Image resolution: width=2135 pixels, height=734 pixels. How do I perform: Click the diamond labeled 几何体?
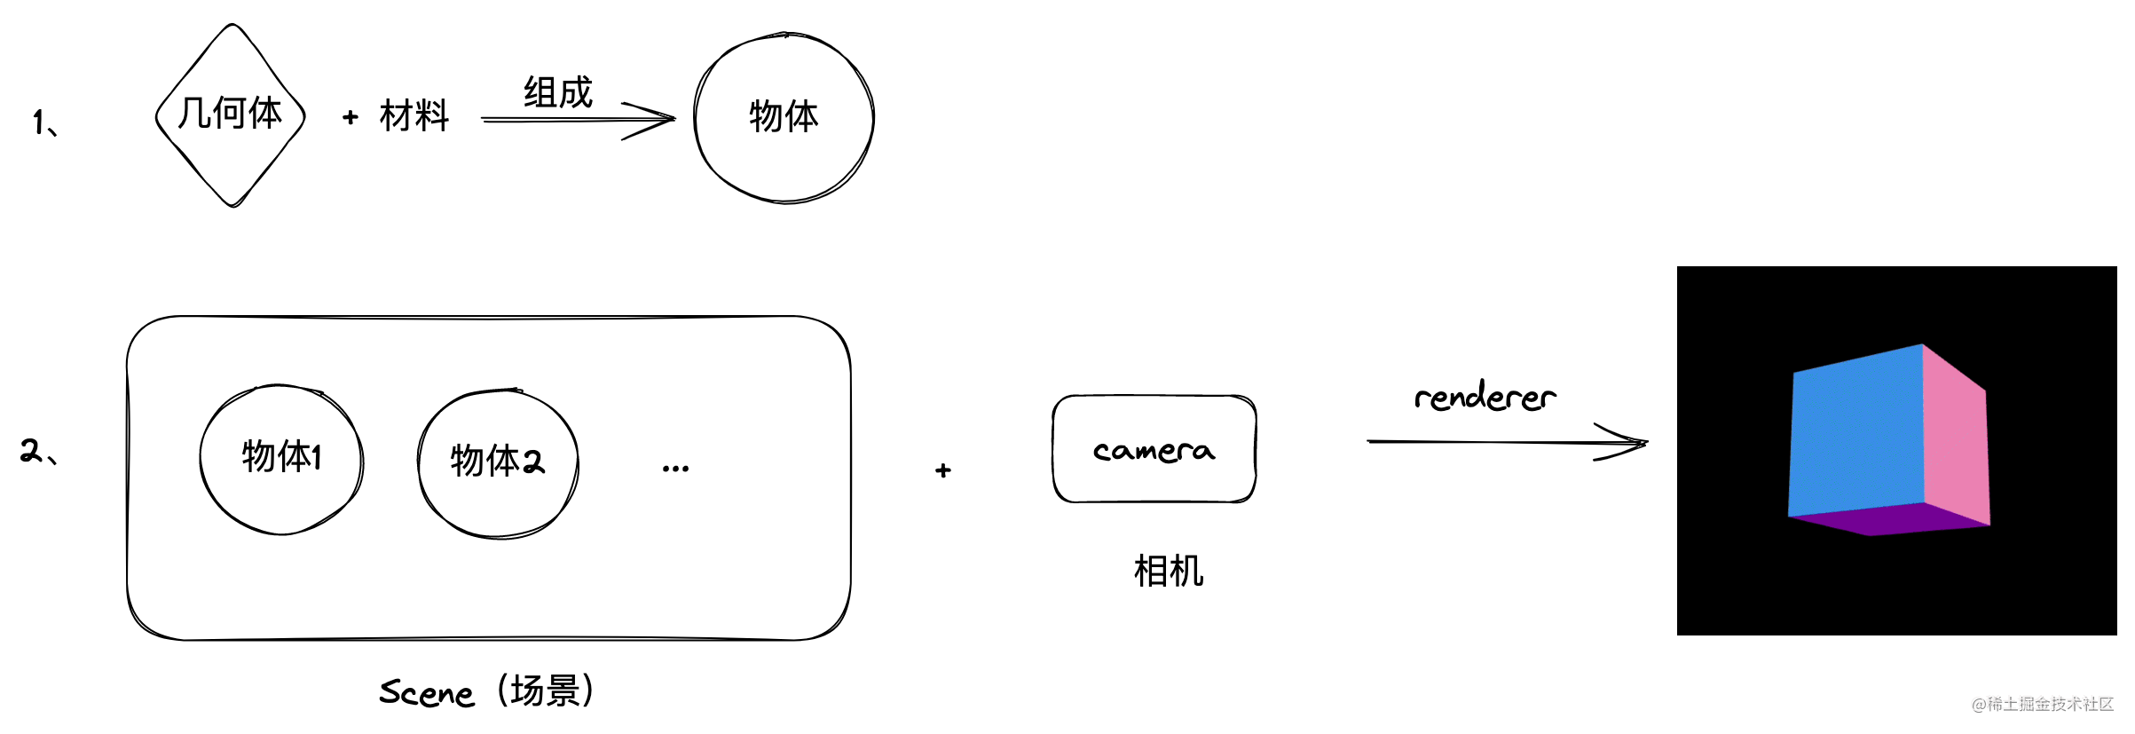(x=231, y=115)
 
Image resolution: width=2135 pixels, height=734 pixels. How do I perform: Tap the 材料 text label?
(x=414, y=116)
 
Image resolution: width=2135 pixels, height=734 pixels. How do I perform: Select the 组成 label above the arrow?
(x=557, y=92)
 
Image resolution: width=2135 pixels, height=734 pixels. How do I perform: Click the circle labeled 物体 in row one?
(x=784, y=117)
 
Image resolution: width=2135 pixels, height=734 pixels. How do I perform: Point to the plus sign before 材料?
(x=351, y=117)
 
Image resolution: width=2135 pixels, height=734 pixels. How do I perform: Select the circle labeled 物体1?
(x=281, y=459)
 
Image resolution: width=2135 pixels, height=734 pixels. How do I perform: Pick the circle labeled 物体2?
(x=498, y=462)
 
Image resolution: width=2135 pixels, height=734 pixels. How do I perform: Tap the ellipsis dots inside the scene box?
(x=675, y=469)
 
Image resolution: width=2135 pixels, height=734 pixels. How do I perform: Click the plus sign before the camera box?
(x=943, y=470)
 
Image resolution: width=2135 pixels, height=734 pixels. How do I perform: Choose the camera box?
(x=1154, y=449)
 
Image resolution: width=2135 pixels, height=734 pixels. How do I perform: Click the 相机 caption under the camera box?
(x=1168, y=571)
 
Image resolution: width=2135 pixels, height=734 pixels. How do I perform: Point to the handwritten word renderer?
(x=1485, y=396)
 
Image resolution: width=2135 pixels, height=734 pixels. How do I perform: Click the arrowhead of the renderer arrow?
(x=1633, y=442)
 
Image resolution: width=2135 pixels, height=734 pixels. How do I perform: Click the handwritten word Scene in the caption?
(x=427, y=692)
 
